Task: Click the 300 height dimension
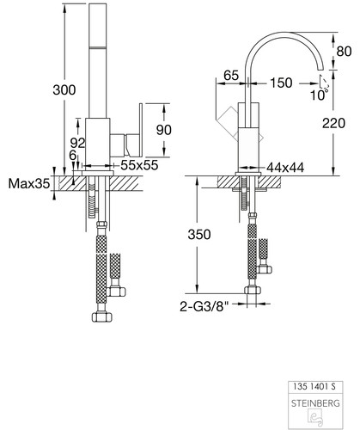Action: [64, 90]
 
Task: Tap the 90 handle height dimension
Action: [164, 130]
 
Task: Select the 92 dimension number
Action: [77, 143]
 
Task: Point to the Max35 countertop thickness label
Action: [29, 183]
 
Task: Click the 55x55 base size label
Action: [139, 165]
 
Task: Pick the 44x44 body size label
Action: [285, 168]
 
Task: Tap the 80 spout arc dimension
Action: [344, 52]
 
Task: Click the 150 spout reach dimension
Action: [281, 83]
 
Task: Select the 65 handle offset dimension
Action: [231, 76]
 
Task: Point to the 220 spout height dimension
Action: [333, 123]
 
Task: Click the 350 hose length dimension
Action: [199, 235]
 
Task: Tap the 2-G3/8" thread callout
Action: [204, 306]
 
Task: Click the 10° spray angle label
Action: [319, 95]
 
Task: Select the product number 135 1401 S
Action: [314, 386]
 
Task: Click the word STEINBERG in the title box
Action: [315, 403]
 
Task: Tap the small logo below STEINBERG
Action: [314, 416]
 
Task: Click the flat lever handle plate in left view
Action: [141, 130]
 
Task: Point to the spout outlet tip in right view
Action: [321, 69]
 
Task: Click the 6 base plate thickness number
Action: [73, 156]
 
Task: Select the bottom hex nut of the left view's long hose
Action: [102, 316]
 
